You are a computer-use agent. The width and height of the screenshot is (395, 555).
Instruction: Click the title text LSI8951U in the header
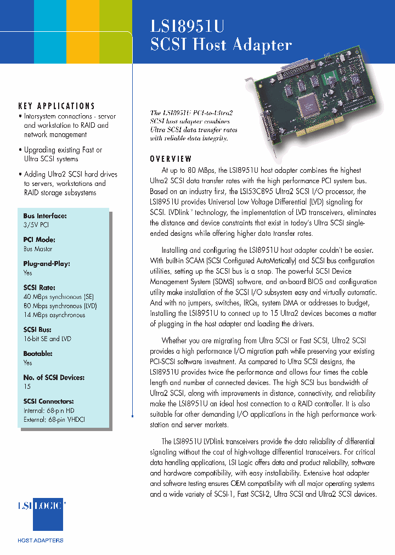pos(188,27)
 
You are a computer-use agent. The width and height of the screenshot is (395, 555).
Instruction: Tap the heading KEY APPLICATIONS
pos(57,106)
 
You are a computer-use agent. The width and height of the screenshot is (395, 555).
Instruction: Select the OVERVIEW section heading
pos(171,160)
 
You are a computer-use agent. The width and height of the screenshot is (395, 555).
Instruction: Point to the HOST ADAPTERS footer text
pos(41,540)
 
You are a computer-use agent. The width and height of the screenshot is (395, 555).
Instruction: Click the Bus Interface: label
pos(45,216)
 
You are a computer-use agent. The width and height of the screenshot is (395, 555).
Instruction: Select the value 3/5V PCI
pos(36,225)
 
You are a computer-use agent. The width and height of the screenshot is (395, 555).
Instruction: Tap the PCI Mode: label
pos(39,240)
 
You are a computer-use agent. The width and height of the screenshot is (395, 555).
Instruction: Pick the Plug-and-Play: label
pos(47,264)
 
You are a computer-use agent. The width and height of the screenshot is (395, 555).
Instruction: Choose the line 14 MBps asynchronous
pos(54,315)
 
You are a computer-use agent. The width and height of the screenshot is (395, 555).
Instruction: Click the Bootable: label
pos(38,354)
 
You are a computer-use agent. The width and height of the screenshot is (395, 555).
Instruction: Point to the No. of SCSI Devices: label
pos(54,377)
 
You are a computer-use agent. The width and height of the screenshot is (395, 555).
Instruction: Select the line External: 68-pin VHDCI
pos(54,420)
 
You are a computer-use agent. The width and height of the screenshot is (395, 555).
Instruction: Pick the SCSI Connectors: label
pos(48,401)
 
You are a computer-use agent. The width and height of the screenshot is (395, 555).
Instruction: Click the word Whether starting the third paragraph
pos(174,341)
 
